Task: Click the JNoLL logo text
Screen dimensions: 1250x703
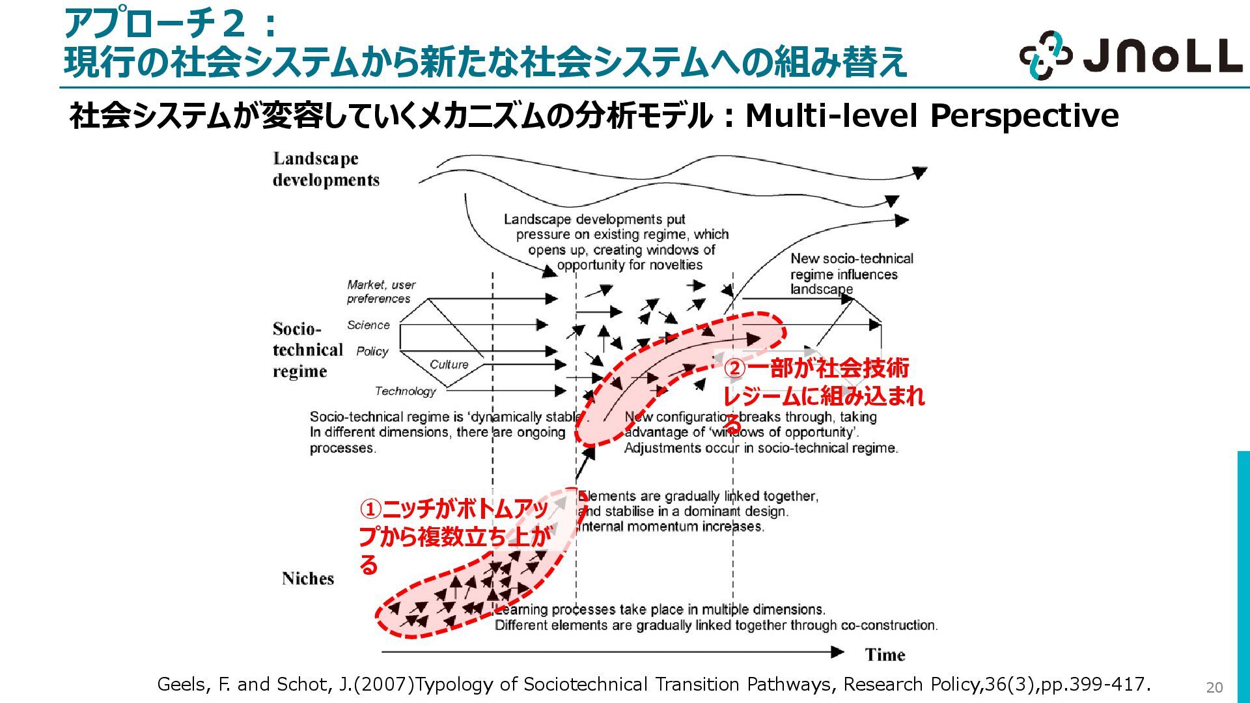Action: tap(1163, 56)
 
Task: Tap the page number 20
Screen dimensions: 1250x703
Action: tap(1214, 687)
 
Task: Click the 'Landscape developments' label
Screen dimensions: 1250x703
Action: tap(326, 169)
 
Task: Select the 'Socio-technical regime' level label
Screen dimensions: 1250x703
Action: tap(307, 350)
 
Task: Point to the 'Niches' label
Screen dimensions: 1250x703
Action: tap(308, 579)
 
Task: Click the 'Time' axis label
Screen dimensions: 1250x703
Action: tap(885, 655)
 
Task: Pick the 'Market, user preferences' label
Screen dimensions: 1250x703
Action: tap(381, 292)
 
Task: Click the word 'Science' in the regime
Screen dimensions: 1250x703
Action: tap(368, 325)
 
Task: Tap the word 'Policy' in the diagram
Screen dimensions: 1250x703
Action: tap(372, 351)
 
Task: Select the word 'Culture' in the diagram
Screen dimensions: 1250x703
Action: tap(449, 365)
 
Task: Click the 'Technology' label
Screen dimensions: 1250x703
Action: tap(405, 391)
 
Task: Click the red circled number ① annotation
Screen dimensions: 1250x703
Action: tap(370, 509)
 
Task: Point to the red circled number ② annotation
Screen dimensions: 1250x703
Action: tap(734, 368)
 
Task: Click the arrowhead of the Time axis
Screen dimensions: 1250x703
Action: tap(837, 652)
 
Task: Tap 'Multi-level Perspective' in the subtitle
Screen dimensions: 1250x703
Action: tap(932, 116)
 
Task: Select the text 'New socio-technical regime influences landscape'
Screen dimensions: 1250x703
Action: tap(852, 274)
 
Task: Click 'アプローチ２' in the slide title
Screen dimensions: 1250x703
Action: tap(155, 24)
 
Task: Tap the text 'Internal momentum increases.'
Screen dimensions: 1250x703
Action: tap(671, 527)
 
